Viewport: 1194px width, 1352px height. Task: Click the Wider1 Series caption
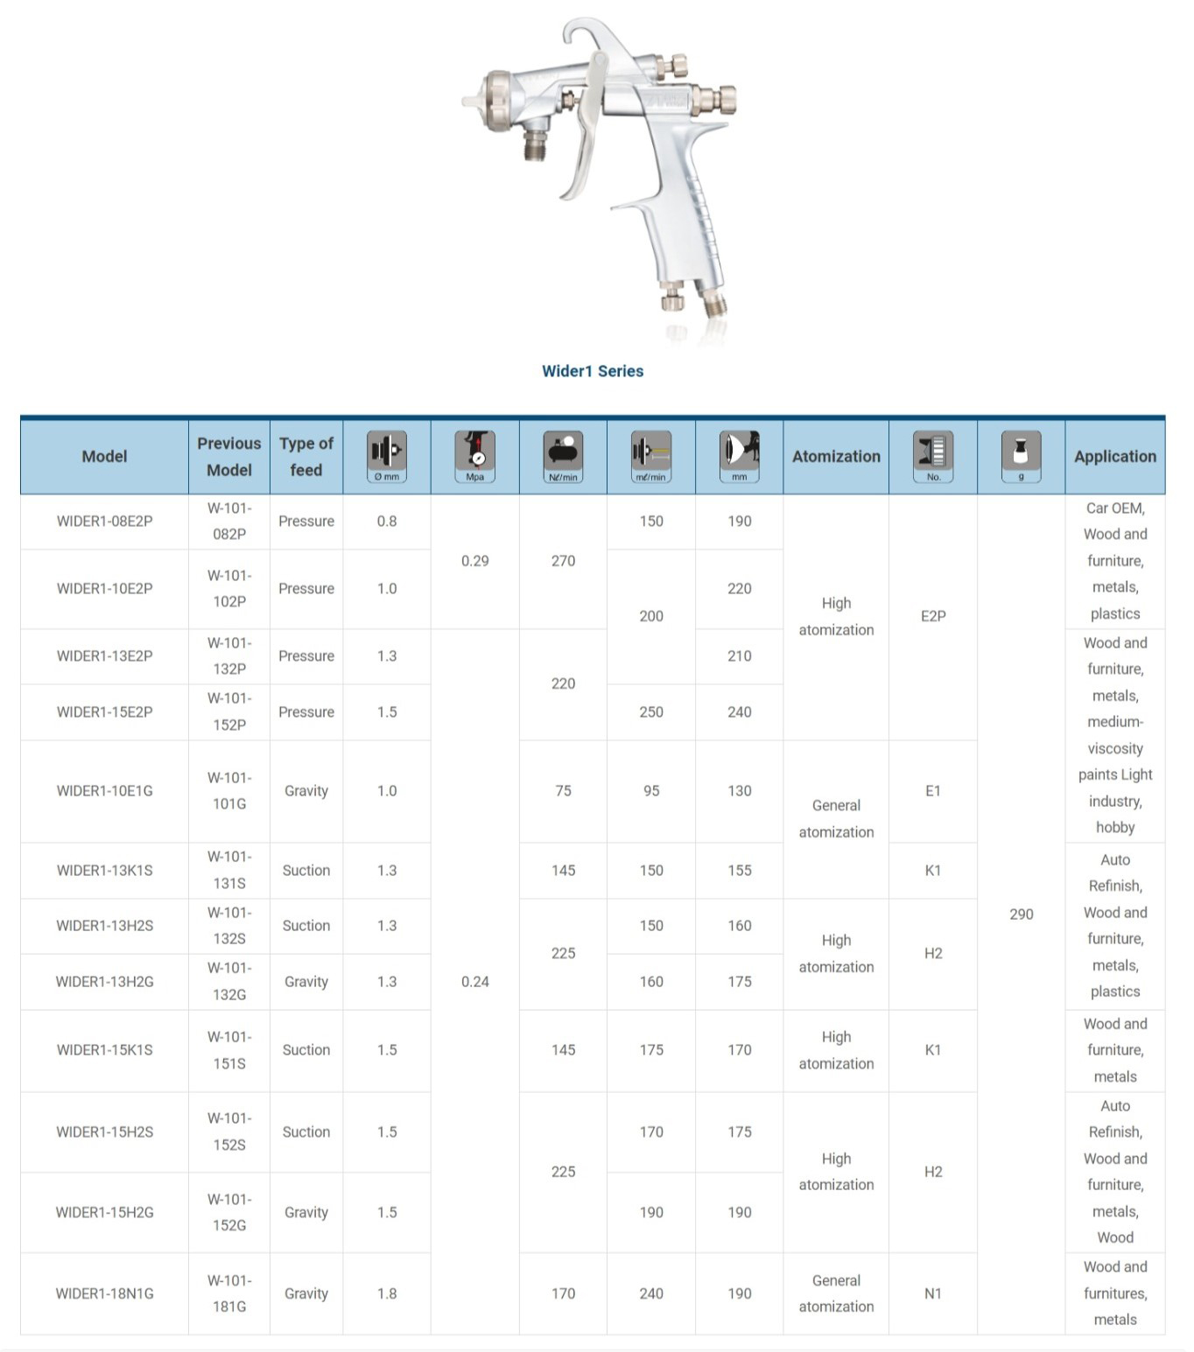click(x=593, y=371)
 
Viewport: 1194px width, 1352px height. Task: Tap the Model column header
click(x=104, y=456)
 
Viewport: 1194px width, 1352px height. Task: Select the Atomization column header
click(x=836, y=456)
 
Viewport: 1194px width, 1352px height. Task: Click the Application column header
click(x=1114, y=456)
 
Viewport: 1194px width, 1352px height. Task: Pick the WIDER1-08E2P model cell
click(x=104, y=521)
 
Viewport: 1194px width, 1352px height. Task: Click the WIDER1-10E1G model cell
click(x=104, y=791)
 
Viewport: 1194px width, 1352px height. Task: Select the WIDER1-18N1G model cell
click(x=104, y=1293)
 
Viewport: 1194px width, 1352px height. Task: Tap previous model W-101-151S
click(x=229, y=1050)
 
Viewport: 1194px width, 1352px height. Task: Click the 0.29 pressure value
click(x=475, y=561)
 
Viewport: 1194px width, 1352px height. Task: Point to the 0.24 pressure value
click(x=475, y=982)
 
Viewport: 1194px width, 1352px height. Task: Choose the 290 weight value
click(x=1021, y=914)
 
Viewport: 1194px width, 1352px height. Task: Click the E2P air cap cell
click(x=933, y=616)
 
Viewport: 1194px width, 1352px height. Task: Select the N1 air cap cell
click(x=933, y=1293)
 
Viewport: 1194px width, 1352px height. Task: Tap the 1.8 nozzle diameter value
click(x=387, y=1293)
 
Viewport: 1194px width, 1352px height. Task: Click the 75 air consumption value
click(x=563, y=791)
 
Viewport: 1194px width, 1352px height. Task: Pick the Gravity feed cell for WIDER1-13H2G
click(x=306, y=982)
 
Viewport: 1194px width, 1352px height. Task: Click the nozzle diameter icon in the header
click(x=387, y=455)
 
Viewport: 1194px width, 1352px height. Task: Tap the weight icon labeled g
click(x=1021, y=455)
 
